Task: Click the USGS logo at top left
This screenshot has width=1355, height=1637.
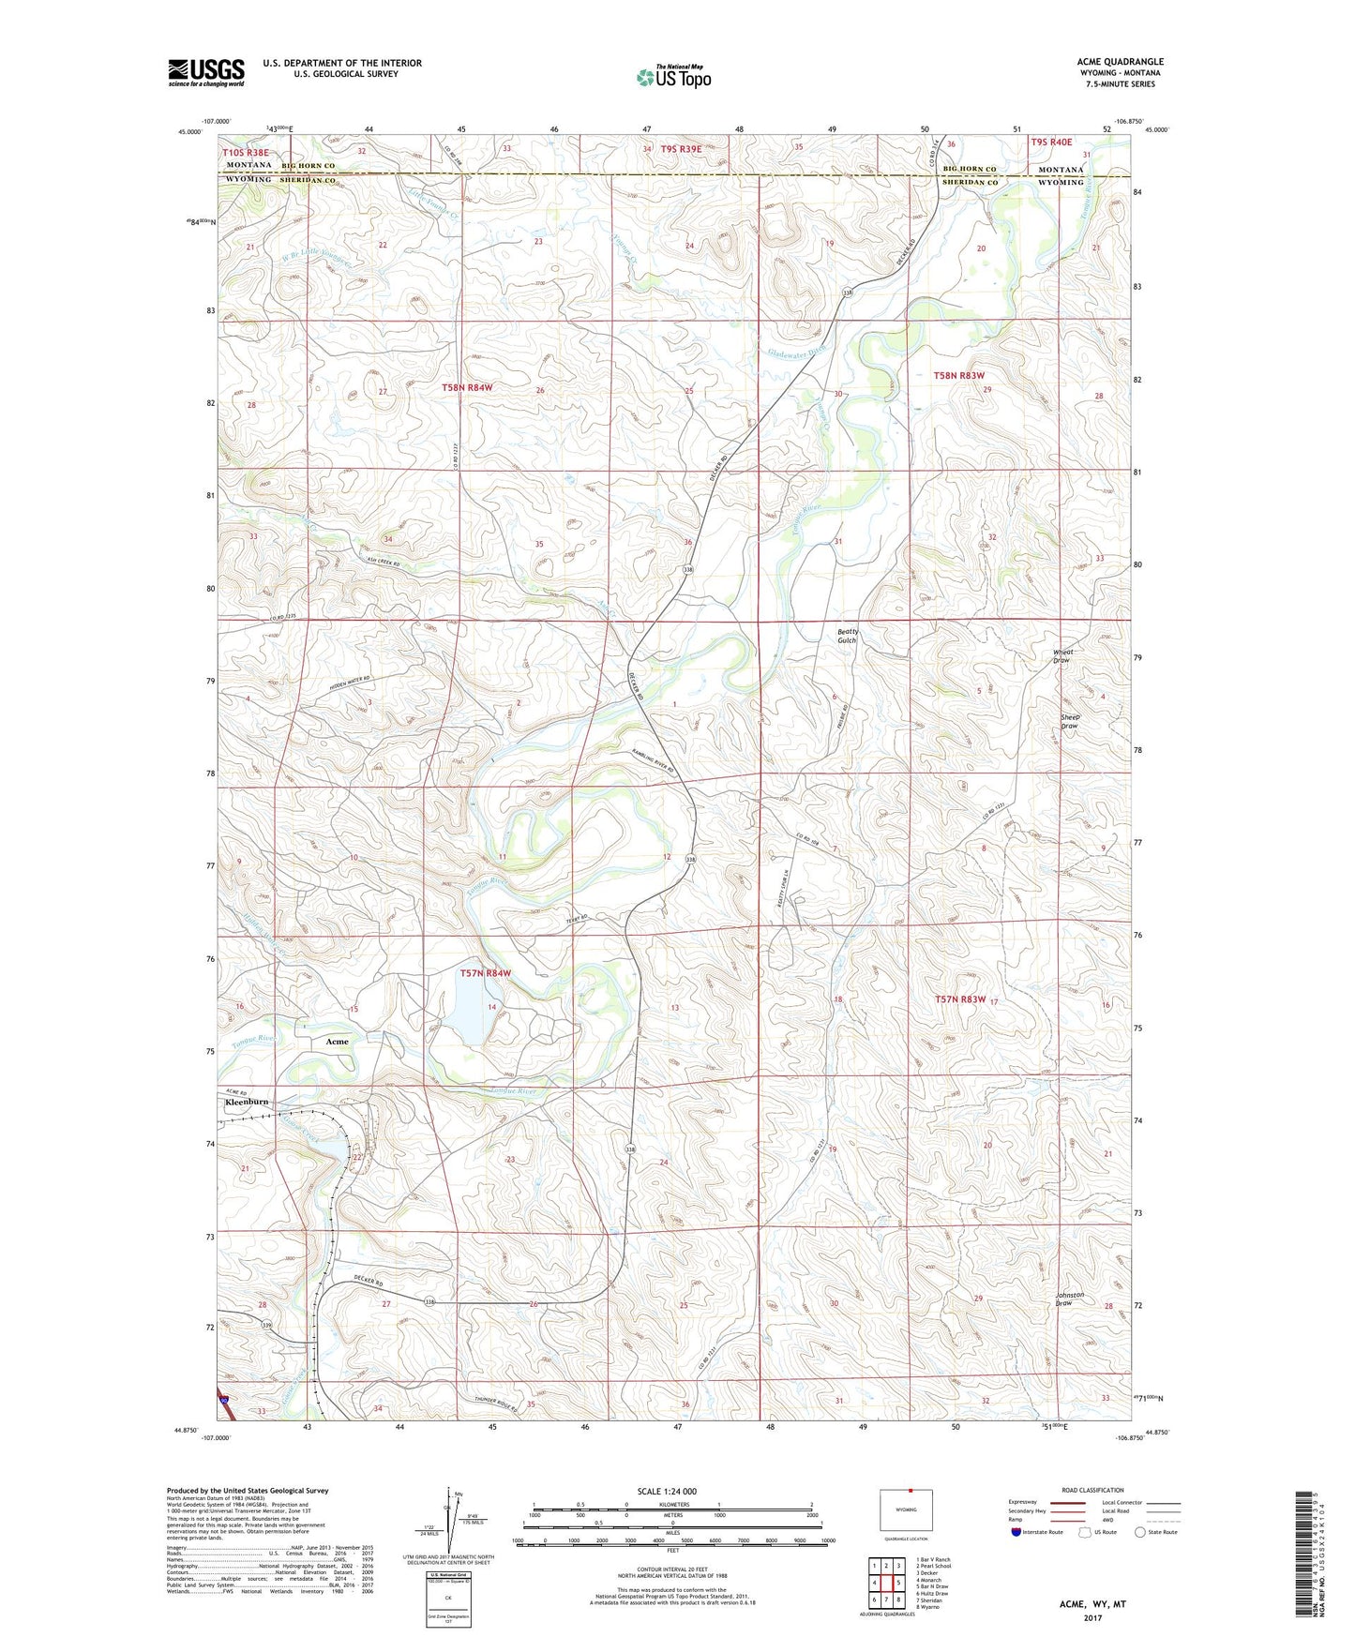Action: click(x=205, y=71)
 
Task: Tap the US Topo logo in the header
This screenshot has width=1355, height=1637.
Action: click(x=673, y=77)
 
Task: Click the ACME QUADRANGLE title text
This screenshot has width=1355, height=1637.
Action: click(x=1120, y=62)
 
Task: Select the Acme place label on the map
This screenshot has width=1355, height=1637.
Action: click(x=337, y=1042)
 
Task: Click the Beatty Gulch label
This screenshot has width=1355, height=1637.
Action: click(x=847, y=636)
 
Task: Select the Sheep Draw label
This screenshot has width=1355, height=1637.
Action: click(x=1069, y=721)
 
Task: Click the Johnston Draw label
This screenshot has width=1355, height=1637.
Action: click(x=1069, y=1299)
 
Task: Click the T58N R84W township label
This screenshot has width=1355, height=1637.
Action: click(x=467, y=386)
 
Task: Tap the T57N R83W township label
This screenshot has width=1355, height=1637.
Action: click(x=960, y=999)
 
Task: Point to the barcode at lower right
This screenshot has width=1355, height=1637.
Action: click(x=1303, y=1553)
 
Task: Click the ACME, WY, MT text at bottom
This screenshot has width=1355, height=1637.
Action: click(x=1092, y=1604)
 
